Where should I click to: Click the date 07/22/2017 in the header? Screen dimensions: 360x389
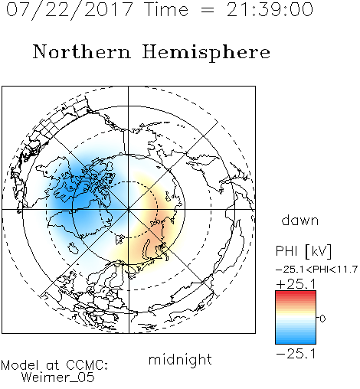(x=70, y=10)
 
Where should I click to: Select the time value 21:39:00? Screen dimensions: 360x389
(x=270, y=10)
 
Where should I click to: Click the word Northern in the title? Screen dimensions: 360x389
(x=82, y=51)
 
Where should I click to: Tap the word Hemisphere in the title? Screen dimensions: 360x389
(x=206, y=53)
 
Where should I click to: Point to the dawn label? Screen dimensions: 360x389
(x=300, y=220)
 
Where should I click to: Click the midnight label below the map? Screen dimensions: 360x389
(x=180, y=360)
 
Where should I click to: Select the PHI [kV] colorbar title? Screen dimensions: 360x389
(x=303, y=251)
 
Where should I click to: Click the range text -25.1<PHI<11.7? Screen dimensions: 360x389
(x=316, y=270)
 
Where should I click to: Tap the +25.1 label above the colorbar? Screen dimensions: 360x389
(x=296, y=284)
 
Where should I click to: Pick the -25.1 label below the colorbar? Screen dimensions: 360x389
(x=296, y=354)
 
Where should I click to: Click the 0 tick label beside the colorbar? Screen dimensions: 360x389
(x=322, y=319)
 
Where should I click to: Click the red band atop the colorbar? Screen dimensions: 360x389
(x=296, y=293)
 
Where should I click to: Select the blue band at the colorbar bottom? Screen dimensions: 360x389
(x=296, y=341)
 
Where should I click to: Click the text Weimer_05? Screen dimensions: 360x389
(x=58, y=378)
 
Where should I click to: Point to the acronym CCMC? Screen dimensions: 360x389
(x=87, y=365)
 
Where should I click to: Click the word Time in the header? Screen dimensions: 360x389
(x=166, y=10)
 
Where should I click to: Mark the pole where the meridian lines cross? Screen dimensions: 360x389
(x=129, y=209)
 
